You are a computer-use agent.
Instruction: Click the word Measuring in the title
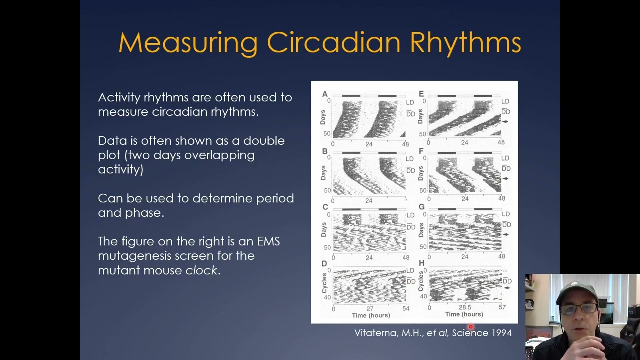[188, 43]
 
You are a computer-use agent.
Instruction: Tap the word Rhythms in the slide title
[465, 43]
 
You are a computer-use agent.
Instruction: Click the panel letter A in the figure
[325, 94]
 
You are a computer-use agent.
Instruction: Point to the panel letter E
[421, 94]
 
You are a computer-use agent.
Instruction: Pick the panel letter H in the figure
[421, 263]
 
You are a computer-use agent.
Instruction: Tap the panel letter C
[325, 207]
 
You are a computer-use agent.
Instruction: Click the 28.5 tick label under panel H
[465, 307]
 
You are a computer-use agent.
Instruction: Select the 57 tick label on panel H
[502, 307]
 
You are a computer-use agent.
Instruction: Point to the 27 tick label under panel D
[369, 308]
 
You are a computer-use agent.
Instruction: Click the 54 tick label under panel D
[405, 308]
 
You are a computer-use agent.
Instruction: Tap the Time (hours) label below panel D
[371, 315]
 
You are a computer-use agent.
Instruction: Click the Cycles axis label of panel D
[324, 283]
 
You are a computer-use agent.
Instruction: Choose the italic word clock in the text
[201, 270]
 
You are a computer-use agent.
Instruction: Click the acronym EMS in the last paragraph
[268, 241]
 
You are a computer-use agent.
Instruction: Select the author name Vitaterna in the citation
[375, 333]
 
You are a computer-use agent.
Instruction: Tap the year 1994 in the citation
[501, 333]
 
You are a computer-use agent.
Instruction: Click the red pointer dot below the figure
[470, 327]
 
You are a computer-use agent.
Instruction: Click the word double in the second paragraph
[264, 141]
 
